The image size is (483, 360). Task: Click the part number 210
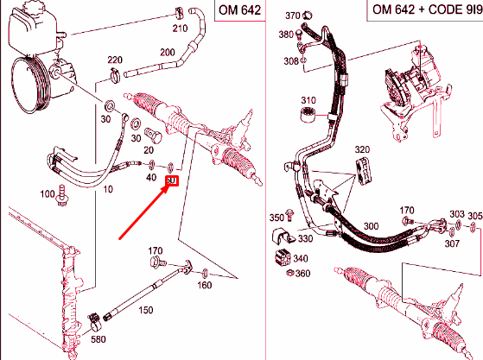coord(180,28)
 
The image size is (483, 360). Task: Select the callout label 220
coord(114,60)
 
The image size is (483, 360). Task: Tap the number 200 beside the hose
coord(167,53)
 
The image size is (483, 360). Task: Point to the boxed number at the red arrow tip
coord(171,180)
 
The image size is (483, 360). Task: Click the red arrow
coord(143,207)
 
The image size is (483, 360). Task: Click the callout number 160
coord(205,285)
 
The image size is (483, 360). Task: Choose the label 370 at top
coord(292,16)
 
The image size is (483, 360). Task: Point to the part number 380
coord(286,35)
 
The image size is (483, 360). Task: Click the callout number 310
coord(309,99)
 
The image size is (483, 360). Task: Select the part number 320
coord(361,148)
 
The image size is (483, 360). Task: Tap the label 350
coord(276,217)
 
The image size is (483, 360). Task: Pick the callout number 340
coord(302,258)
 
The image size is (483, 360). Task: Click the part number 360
coord(302,274)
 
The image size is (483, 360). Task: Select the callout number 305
coord(474,215)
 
